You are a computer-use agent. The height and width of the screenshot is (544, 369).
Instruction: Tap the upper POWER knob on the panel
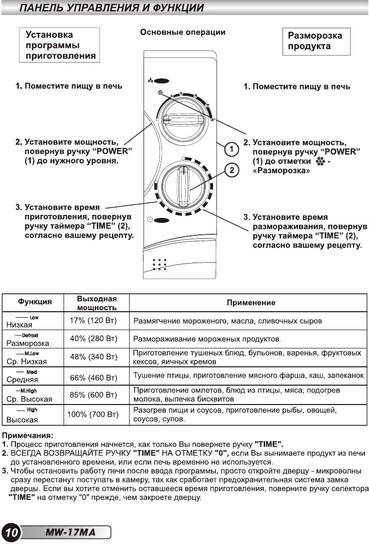pyautogui.click(x=181, y=119)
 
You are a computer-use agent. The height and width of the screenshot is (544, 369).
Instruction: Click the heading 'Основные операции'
pyautogui.click(x=183, y=32)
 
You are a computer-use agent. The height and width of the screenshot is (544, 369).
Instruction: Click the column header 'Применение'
pyautogui.click(x=251, y=302)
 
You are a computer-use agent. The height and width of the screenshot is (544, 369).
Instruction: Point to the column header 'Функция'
pyautogui.click(x=35, y=302)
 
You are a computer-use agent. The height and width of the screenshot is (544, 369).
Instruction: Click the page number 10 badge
pyautogui.click(x=10, y=533)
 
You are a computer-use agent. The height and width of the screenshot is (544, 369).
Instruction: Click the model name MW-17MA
pyautogui.click(x=70, y=533)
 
